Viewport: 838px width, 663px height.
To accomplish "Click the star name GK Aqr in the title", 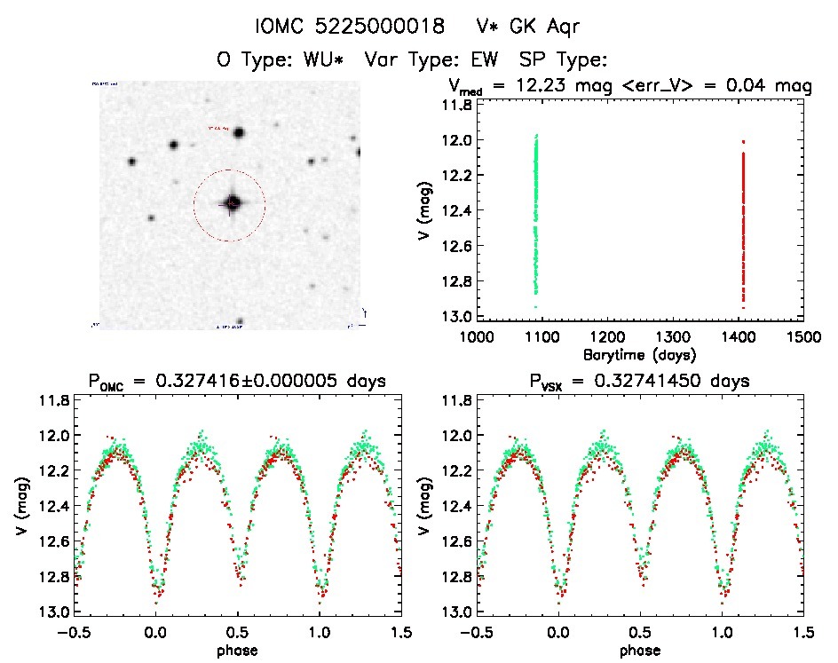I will (529, 26).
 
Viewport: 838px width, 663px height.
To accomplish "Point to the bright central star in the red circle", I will (232, 203).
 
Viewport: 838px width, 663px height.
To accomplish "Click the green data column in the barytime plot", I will (536, 213).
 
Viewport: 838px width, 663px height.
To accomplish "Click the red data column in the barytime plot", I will (742, 222).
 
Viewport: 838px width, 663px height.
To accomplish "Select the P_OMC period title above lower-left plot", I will (236, 383).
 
